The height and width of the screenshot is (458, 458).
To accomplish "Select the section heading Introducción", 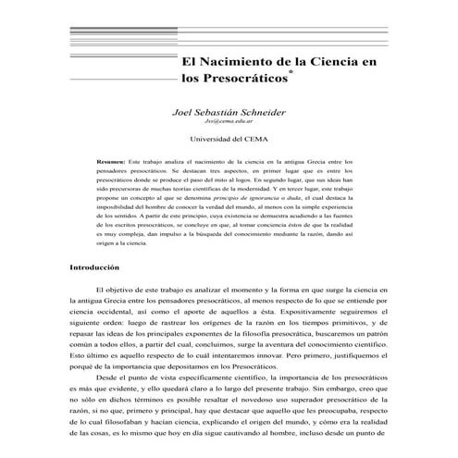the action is (x=95, y=266).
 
